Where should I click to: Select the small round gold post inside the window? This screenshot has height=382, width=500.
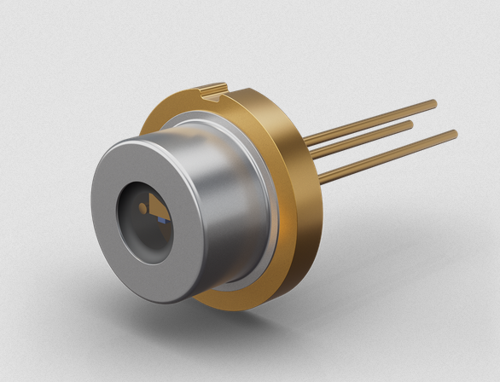click(x=142, y=207)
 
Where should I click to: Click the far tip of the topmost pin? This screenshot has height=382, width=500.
click(x=434, y=103)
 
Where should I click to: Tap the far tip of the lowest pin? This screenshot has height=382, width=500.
click(x=454, y=133)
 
